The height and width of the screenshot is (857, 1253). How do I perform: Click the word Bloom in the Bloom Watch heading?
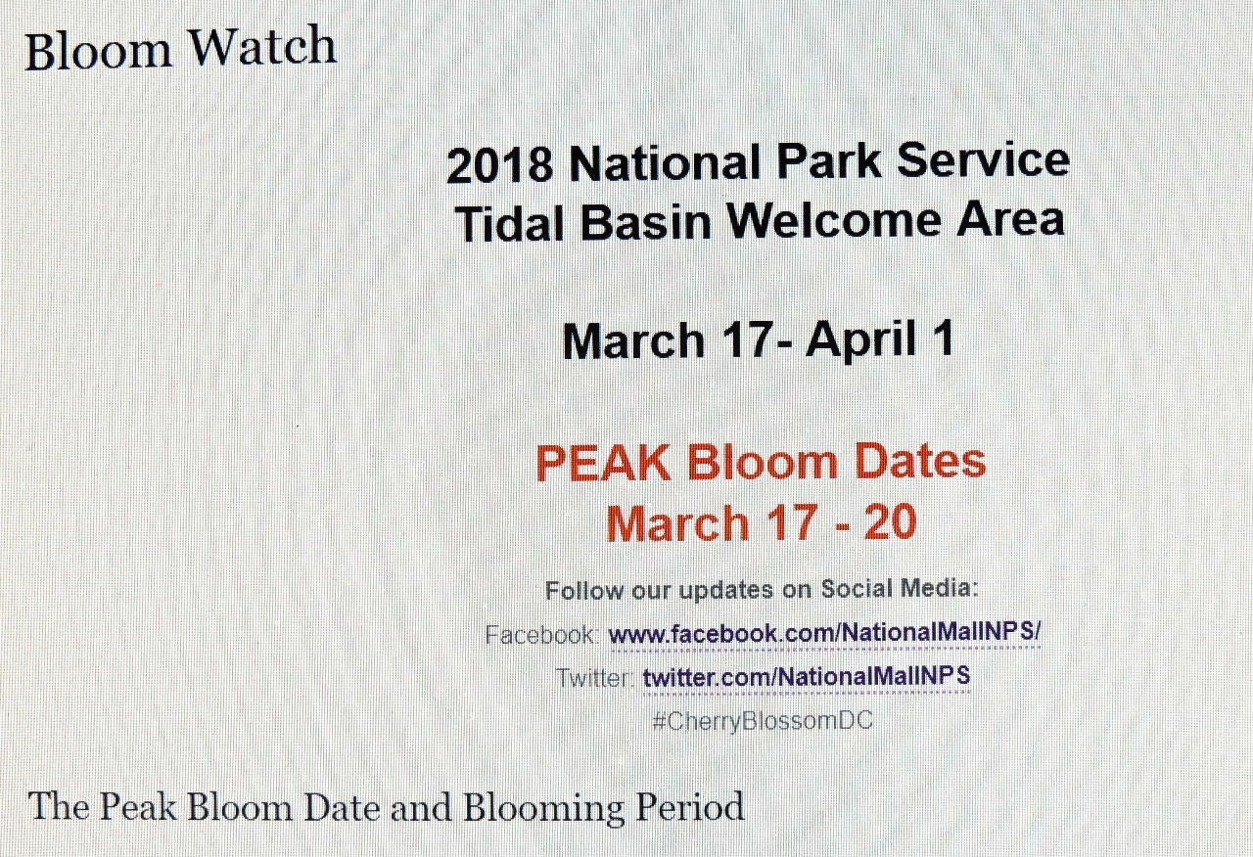tap(98, 49)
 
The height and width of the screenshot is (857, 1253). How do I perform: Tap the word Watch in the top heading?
tap(261, 46)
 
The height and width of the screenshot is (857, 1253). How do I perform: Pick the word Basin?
tap(645, 222)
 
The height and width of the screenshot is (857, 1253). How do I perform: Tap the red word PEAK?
tap(603, 463)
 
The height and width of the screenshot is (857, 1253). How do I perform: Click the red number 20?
tap(890, 522)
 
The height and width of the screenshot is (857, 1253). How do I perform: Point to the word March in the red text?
tap(677, 523)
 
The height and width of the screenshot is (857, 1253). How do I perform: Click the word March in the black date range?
tap(633, 342)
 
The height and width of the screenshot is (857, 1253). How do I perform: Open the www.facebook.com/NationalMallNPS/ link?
tap(824, 633)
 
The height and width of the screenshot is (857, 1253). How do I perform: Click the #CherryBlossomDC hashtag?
tap(763, 721)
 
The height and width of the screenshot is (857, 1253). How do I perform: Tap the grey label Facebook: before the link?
tap(541, 635)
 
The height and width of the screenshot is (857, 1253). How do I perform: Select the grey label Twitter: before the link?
tap(594, 678)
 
